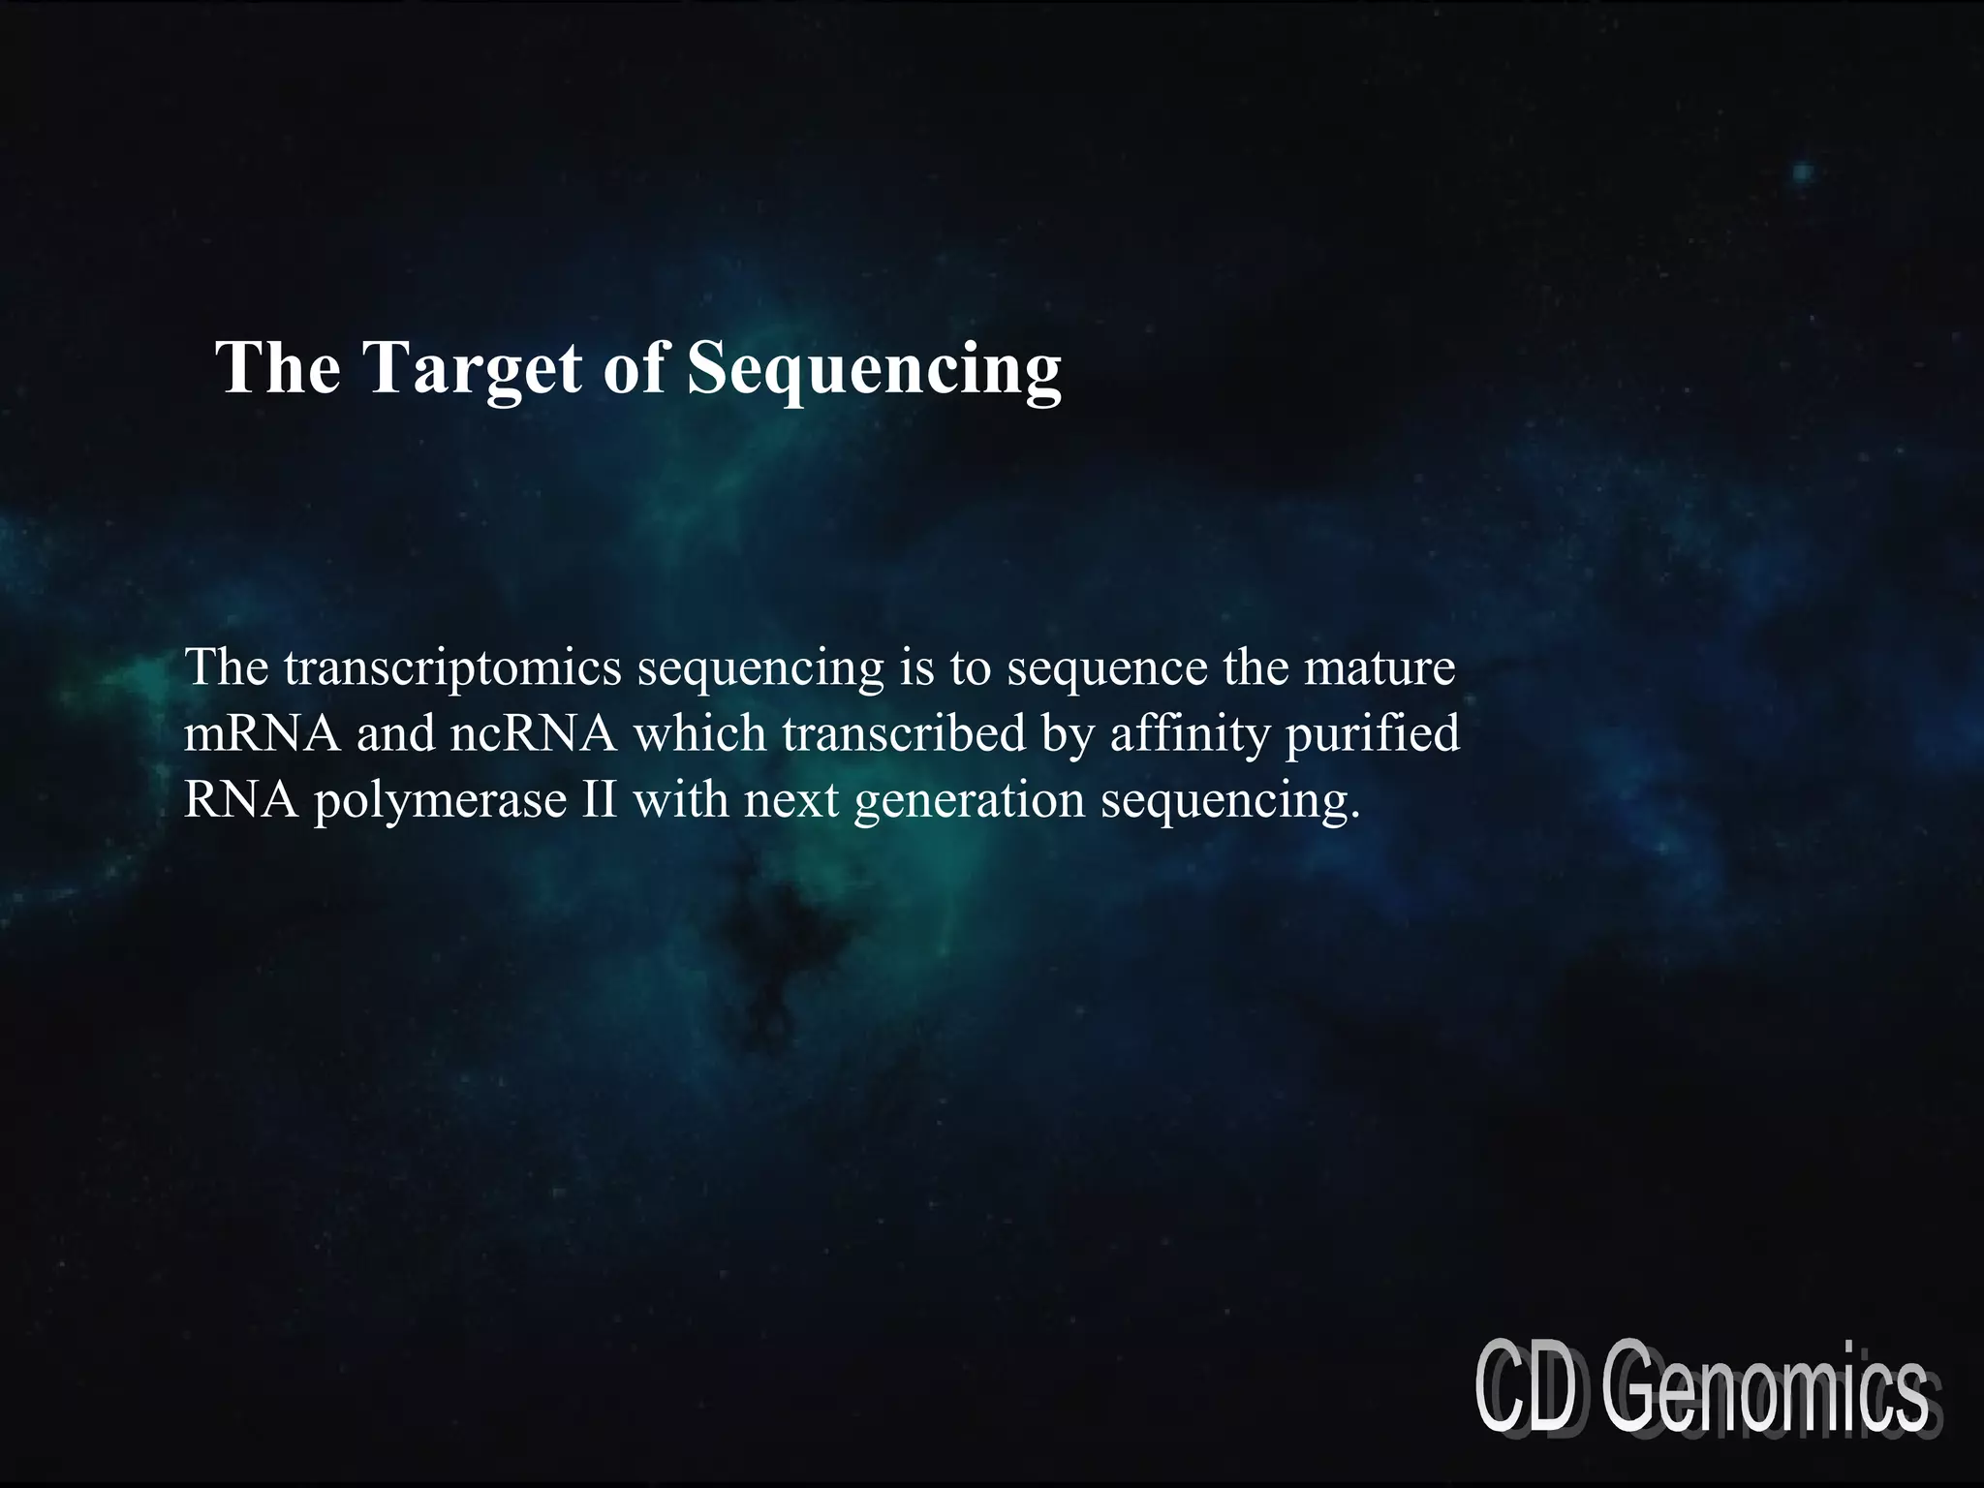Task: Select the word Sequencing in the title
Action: (874, 369)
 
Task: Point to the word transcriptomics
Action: (451, 668)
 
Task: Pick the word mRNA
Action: (262, 734)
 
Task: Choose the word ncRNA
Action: (533, 734)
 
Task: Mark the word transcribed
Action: (903, 734)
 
